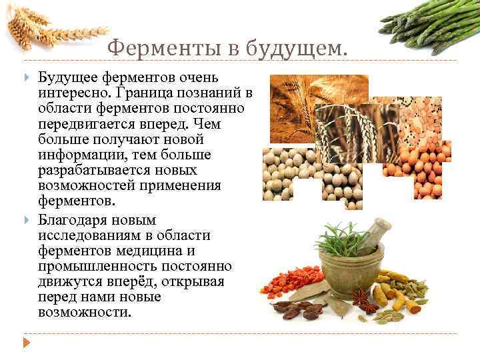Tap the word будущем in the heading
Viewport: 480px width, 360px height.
pyautogui.click(x=297, y=48)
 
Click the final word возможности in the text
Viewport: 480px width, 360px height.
pyautogui.click(x=85, y=312)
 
